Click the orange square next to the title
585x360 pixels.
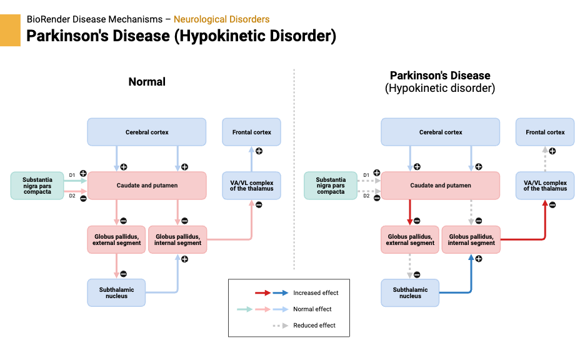pyautogui.click(x=10, y=31)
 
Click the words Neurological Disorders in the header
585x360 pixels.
pyautogui.click(x=221, y=19)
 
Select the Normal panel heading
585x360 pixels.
pyautogui.click(x=147, y=82)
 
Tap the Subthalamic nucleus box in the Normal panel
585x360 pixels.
pyautogui.click(x=116, y=292)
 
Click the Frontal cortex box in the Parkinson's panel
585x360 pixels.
pyautogui.click(x=545, y=132)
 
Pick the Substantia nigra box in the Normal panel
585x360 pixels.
pyautogui.click(x=37, y=186)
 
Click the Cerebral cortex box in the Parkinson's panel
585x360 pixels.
pyautogui.click(x=441, y=132)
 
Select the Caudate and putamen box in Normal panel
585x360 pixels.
pyautogui.click(x=147, y=186)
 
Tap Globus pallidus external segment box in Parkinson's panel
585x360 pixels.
pyautogui.click(x=410, y=239)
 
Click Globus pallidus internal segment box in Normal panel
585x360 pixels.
pyautogui.click(x=177, y=239)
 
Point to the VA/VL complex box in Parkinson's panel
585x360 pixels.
pyautogui.click(x=545, y=186)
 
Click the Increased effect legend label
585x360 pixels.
pyautogui.click(x=316, y=292)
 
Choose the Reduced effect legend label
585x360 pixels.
pyautogui.click(x=314, y=325)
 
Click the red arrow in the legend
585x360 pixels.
pyautogui.click(x=262, y=292)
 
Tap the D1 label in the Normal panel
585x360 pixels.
pyautogui.click(x=72, y=174)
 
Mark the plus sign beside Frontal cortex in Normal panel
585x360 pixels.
pyautogui.click(x=259, y=151)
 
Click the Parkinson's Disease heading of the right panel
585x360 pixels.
pyautogui.click(x=440, y=76)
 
